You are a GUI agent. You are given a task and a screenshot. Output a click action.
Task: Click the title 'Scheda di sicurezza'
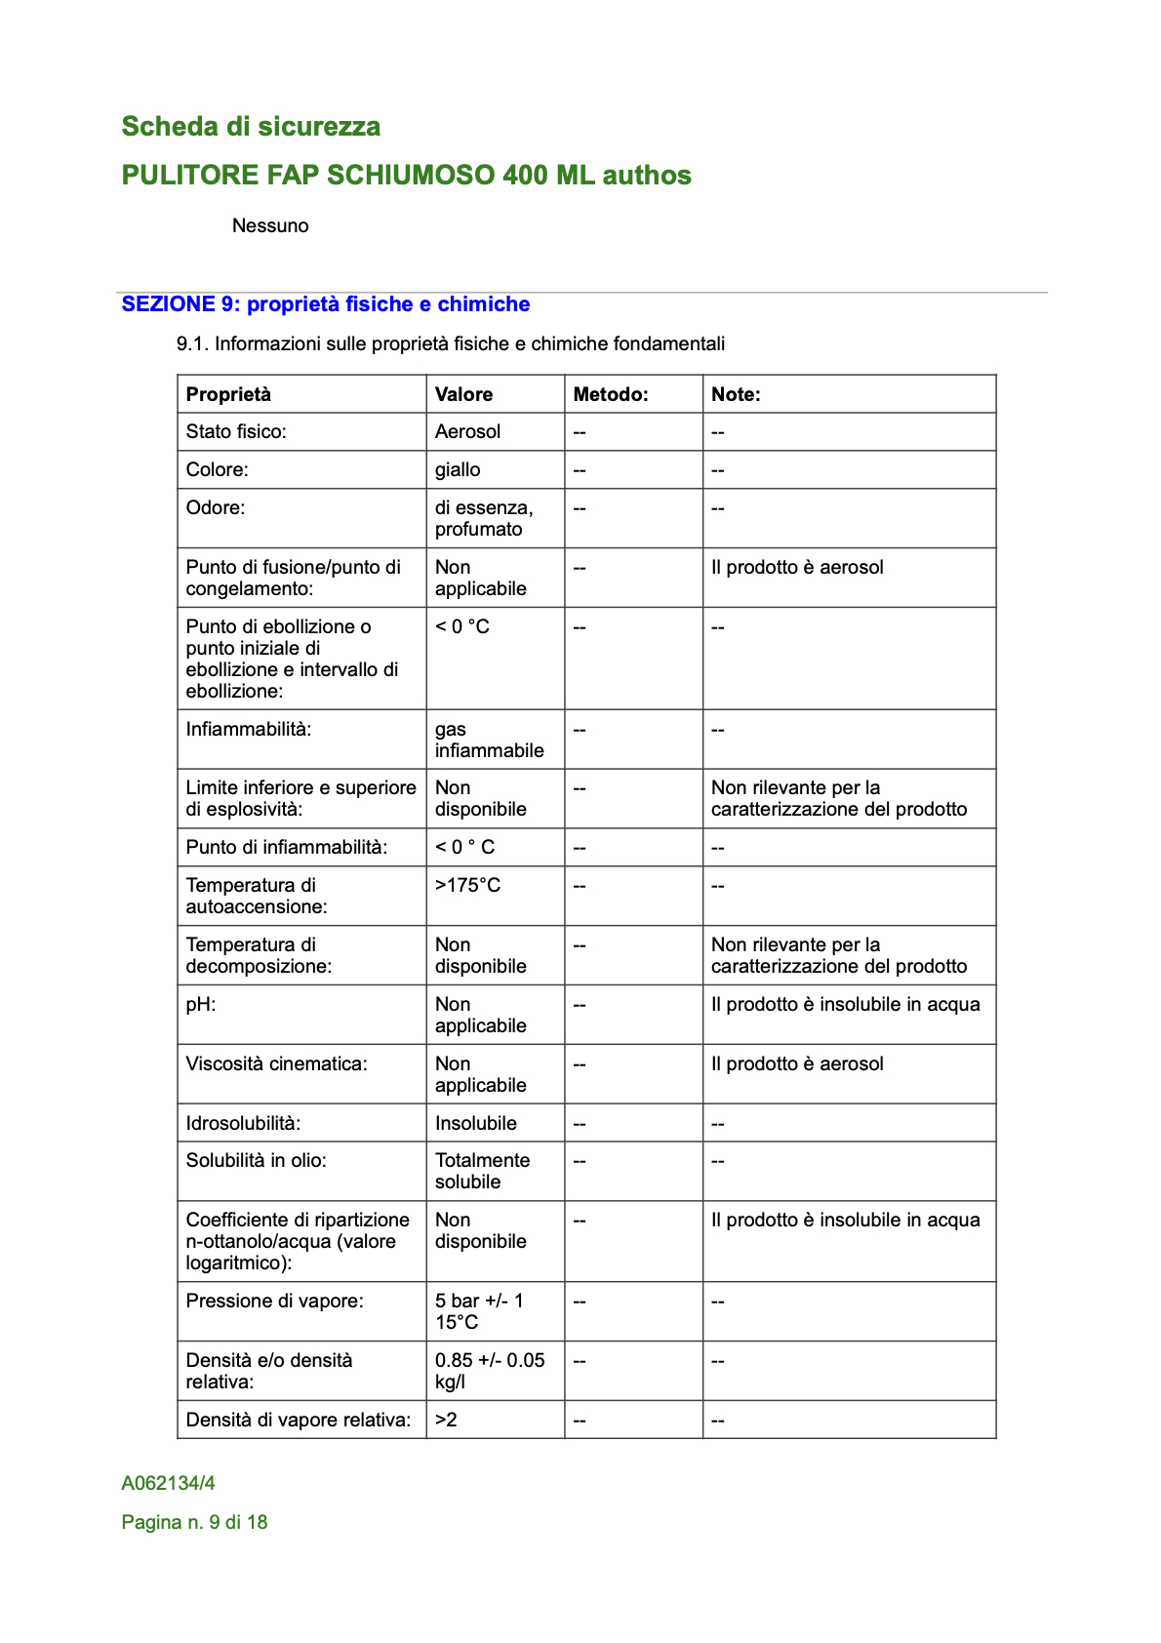point(251,127)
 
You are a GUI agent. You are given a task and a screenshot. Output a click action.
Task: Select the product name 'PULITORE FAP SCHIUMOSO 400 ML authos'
point(406,176)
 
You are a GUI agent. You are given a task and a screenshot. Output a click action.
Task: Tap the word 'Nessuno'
point(270,225)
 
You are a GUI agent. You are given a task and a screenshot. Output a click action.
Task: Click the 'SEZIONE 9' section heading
point(325,304)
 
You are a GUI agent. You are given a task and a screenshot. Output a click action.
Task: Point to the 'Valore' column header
point(463,394)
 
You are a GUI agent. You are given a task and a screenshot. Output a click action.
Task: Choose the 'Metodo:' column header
point(611,394)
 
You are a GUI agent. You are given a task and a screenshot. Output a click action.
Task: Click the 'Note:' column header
point(736,394)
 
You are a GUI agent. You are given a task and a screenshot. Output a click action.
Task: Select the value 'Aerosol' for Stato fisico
point(467,431)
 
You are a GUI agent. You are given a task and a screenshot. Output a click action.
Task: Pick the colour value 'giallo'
point(458,469)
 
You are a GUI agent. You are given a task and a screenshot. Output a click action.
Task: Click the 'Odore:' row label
point(216,507)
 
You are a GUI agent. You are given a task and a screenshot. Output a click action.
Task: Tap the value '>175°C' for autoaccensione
point(467,885)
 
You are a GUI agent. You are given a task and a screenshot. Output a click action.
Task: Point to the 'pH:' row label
point(201,1004)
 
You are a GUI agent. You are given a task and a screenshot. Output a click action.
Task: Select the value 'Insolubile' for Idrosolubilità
point(476,1123)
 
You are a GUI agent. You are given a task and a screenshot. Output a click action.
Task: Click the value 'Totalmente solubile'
point(482,1171)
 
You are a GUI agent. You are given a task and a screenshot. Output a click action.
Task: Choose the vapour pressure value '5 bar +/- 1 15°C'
point(479,1311)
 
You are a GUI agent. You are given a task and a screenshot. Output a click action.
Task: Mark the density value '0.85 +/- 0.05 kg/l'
point(490,1371)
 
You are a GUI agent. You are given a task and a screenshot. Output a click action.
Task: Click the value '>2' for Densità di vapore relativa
point(446,1420)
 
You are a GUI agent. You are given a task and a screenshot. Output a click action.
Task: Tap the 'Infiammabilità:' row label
point(249,729)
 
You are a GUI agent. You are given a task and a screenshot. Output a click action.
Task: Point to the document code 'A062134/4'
point(169,1483)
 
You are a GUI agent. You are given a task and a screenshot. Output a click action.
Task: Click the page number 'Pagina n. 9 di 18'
point(194,1522)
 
